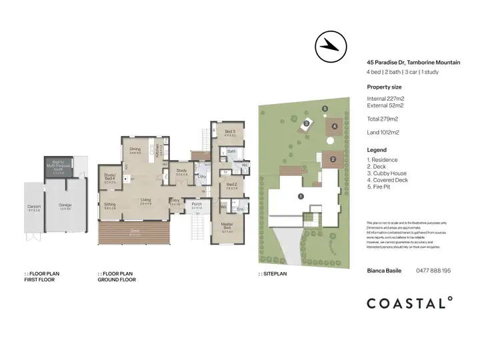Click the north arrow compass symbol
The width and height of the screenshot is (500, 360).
click(329, 45)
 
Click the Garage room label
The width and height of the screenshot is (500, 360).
click(65, 207)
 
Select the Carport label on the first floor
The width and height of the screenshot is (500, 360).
click(34, 207)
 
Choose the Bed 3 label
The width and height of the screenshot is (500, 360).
click(230, 131)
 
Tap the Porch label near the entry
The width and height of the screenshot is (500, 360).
click(197, 204)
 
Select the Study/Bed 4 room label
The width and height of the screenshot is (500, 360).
click(110, 177)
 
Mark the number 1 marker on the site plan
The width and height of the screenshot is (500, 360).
click(301, 196)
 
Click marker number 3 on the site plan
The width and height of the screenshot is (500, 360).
click(306, 123)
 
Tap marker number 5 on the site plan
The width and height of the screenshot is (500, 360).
click(325, 109)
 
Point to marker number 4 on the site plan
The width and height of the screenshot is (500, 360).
click(335, 125)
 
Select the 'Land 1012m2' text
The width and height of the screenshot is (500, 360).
click(383, 133)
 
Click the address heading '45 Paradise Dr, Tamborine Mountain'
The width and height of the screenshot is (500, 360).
click(413, 63)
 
